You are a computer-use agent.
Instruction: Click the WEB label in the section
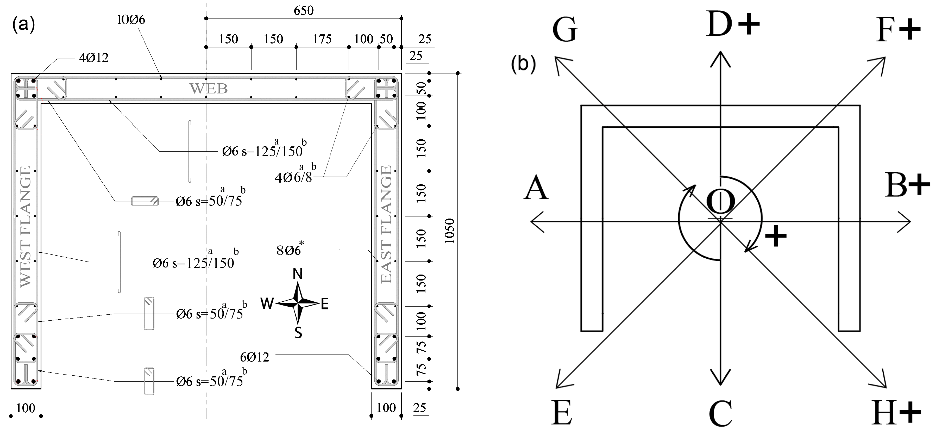pyautogui.click(x=209, y=88)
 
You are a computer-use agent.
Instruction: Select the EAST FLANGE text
pyautogui.click(x=386, y=224)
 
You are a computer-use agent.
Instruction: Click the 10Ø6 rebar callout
pyautogui.click(x=131, y=20)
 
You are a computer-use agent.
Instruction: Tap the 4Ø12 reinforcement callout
pyautogui.click(x=94, y=57)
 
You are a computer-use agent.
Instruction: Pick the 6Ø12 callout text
pyautogui.click(x=255, y=357)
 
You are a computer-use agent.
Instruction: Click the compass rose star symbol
pyautogui.click(x=298, y=303)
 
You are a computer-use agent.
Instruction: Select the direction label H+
pyautogui.click(x=896, y=413)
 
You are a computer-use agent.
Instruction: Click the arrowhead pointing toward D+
pyautogui.click(x=720, y=58)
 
